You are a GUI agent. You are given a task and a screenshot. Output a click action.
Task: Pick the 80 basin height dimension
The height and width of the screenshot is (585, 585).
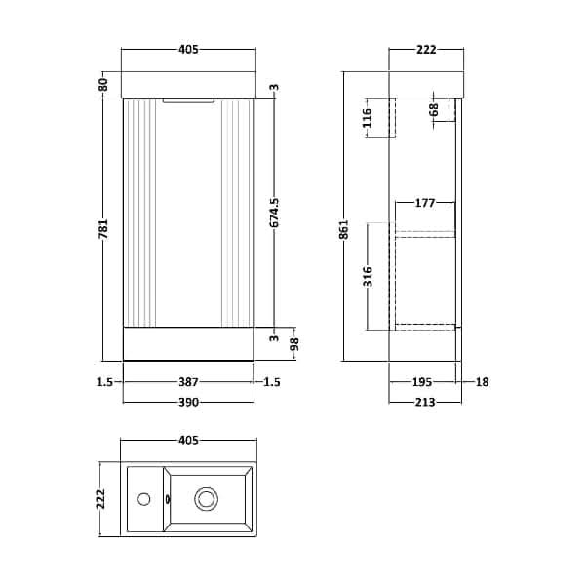(x=103, y=85)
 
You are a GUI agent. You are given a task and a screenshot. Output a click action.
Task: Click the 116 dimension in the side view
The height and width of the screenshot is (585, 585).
(x=367, y=119)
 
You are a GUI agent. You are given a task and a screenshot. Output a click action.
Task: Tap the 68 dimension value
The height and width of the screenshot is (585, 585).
(x=434, y=109)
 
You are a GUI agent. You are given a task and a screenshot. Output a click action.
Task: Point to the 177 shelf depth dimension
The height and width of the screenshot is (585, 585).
(x=424, y=203)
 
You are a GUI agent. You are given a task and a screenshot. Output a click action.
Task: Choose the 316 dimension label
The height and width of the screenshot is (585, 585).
(x=367, y=278)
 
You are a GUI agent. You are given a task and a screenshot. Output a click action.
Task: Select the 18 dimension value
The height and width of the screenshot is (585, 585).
(x=481, y=383)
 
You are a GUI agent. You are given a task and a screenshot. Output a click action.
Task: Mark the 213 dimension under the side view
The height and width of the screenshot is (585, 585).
(x=423, y=402)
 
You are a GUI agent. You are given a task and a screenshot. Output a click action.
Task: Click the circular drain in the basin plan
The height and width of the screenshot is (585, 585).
(x=207, y=499)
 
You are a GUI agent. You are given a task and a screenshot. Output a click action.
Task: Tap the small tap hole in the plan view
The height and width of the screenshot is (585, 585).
(x=144, y=500)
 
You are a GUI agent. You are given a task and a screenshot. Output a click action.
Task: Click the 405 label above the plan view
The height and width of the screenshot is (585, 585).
(x=187, y=441)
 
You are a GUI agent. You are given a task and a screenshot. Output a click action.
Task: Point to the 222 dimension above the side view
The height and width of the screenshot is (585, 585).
(x=424, y=49)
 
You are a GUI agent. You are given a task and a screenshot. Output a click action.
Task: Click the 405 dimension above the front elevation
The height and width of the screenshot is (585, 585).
(x=187, y=49)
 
